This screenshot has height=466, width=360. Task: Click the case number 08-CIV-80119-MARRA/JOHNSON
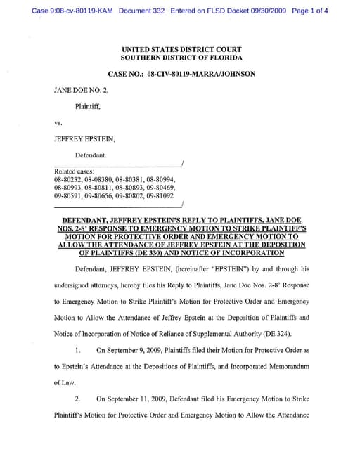click(201, 74)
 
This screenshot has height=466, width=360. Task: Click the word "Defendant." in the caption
click(91, 154)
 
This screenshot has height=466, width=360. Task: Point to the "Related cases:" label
click(72, 171)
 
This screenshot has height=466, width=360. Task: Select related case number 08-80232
click(67, 180)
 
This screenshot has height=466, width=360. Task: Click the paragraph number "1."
click(79, 350)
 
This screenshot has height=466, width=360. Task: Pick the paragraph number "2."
click(79, 399)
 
